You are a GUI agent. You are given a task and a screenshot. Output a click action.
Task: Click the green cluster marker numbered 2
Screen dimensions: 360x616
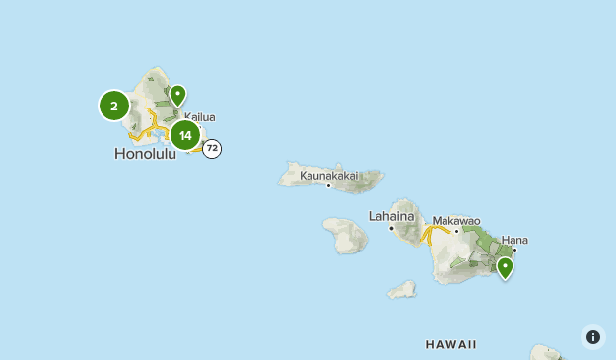coord(114,106)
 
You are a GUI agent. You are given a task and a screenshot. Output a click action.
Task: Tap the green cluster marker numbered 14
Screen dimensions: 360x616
coord(185,135)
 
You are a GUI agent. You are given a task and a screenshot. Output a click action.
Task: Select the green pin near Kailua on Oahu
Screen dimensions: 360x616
coord(177,95)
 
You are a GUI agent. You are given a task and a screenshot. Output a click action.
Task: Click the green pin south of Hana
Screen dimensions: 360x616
coord(505,267)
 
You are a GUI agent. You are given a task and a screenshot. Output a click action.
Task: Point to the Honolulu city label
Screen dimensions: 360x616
coord(145,154)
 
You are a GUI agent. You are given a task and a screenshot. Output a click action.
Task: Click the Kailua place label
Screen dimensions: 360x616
coord(200,117)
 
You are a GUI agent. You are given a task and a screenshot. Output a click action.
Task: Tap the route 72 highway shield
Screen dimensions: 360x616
coord(212,149)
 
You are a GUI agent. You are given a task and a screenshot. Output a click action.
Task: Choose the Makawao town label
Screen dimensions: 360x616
coord(455,220)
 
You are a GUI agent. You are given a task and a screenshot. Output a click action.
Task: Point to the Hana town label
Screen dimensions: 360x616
coord(514,239)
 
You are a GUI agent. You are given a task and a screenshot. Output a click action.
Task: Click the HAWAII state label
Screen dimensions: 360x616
coord(451,344)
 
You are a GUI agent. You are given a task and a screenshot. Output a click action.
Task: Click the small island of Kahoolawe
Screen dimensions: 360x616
coord(401,290)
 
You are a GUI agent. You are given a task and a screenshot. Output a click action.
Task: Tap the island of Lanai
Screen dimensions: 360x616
coord(345,236)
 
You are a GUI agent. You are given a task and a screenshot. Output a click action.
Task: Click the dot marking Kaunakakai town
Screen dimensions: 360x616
coord(328,185)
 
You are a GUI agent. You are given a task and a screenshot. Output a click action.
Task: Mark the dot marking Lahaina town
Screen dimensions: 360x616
coord(391,228)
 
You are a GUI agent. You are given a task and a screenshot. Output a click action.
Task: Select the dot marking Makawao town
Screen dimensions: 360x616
coord(456,231)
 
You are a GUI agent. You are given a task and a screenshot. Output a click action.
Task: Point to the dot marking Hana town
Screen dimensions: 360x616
coord(514,250)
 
